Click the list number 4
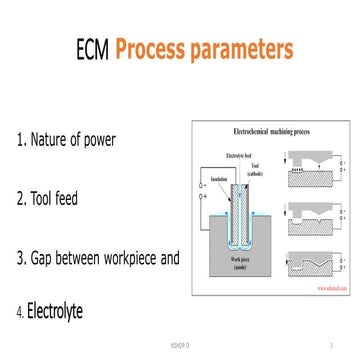[x=18, y=313]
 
